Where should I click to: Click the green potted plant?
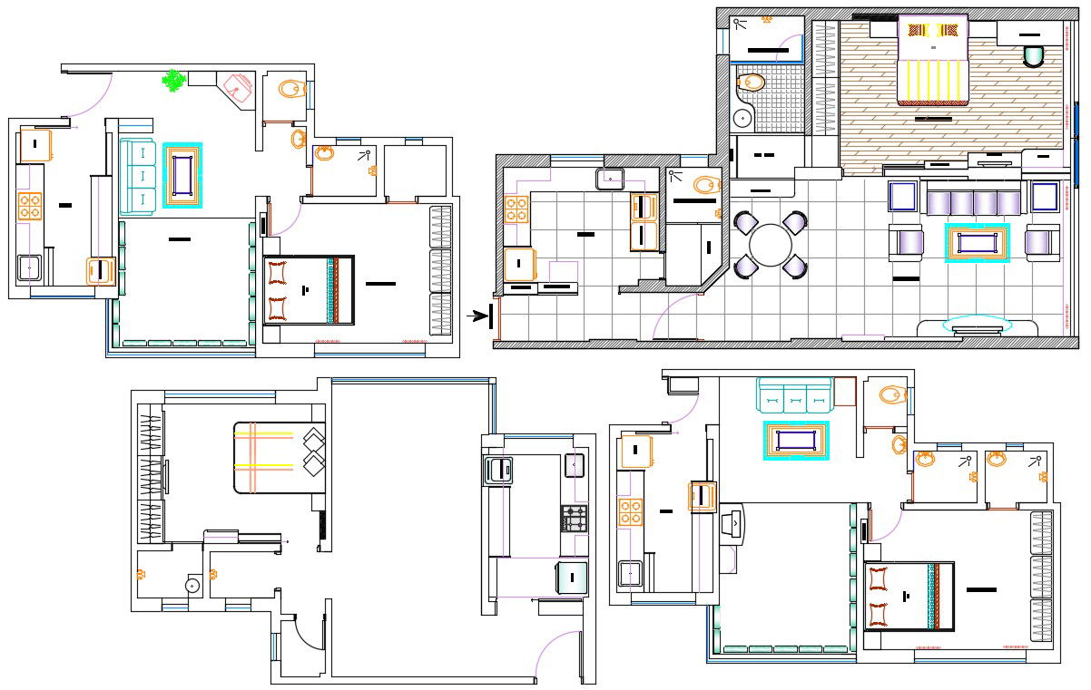pos(172,81)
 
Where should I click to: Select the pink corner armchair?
pos(238,87)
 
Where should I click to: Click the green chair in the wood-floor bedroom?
pos(1033,56)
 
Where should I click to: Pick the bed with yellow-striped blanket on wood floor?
pos(932,62)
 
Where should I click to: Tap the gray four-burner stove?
pos(574,519)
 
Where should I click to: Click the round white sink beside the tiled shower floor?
pos(743,117)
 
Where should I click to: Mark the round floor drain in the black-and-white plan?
pos(192,585)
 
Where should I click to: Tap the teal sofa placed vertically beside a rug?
pos(138,176)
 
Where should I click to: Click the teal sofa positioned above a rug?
pos(794,396)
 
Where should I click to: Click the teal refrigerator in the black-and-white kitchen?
pos(572,578)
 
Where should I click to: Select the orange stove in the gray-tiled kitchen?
pos(516,209)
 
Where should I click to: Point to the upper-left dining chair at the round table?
pos(744,222)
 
